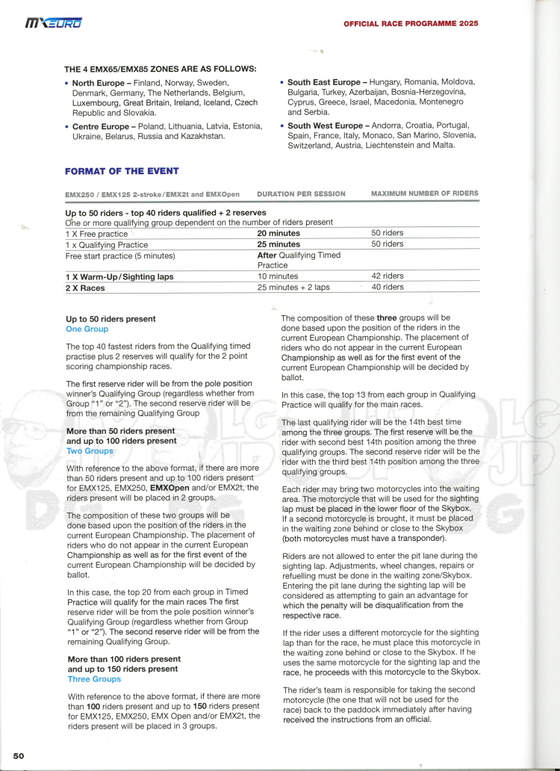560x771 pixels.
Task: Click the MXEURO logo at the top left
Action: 54,24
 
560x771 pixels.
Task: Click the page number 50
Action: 19,755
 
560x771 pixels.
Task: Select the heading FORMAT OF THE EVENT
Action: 113,171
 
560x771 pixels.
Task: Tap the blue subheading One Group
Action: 87,329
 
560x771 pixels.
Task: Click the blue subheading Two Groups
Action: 90,451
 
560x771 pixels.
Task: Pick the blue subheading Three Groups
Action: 94,679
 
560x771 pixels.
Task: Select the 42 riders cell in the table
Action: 388,276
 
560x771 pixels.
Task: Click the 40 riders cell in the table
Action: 388,287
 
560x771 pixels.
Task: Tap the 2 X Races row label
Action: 85,288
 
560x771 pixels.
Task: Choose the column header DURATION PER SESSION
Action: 301,194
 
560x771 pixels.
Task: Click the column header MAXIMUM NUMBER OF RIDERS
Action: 424,193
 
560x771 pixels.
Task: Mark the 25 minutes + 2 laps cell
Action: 293,287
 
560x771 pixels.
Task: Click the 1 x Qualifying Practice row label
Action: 107,244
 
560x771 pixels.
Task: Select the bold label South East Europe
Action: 325,82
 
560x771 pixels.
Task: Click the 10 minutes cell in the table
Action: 278,276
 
